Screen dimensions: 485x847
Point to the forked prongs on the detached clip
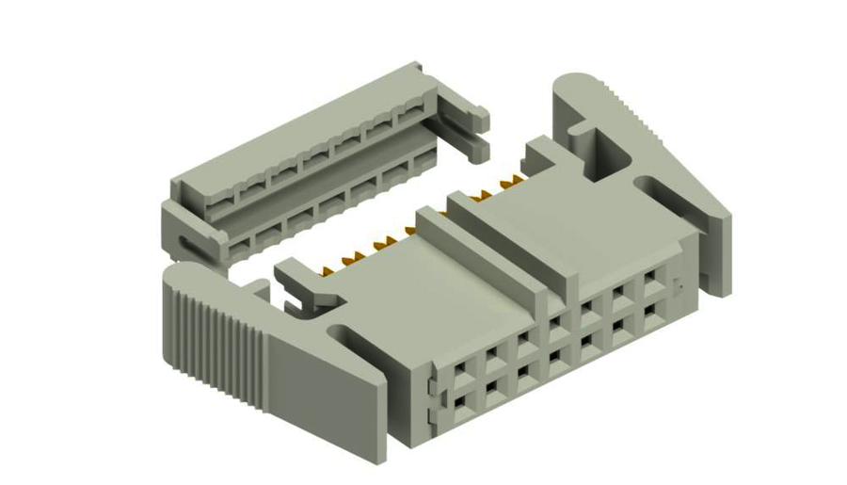coord(471,132)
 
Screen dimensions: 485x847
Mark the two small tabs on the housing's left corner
coord(430,400)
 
